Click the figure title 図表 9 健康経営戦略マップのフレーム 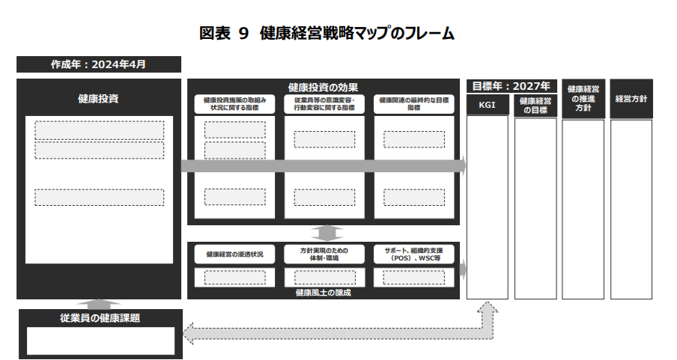point(327,33)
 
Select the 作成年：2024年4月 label point(98,64)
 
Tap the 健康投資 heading point(98,98)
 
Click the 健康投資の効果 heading point(323,88)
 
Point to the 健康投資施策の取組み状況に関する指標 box point(234,103)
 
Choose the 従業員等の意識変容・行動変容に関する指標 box point(324,103)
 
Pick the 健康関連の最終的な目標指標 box point(413,103)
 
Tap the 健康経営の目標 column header point(535,106)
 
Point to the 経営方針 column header point(631,98)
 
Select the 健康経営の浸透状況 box point(234,254)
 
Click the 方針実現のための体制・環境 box point(324,254)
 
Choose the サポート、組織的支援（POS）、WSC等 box point(413,254)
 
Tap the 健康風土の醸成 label point(323,293)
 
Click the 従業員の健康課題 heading point(100,317)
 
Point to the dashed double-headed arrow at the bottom point(337,330)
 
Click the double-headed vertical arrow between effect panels point(323,233)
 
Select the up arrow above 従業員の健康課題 point(98,303)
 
